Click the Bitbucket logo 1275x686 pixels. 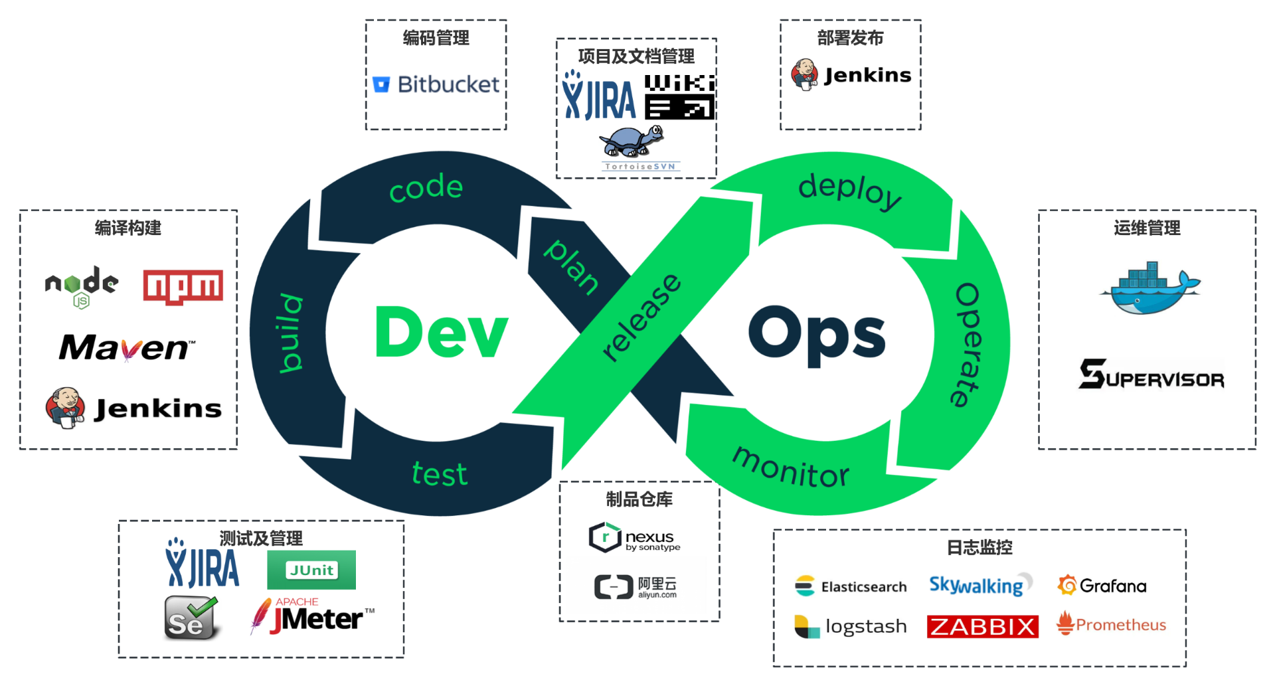436,84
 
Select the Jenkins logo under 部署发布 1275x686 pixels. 851,75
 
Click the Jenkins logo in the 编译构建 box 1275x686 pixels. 133,408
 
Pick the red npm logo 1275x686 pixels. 183,286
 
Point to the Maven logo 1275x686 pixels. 127,347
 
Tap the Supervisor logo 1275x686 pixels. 1151,375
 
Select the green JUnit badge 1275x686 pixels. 311,570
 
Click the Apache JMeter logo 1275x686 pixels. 312,616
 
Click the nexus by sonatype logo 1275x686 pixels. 635,538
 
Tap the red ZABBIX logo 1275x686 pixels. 982,626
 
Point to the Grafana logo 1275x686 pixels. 1102,585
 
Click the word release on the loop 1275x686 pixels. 641,317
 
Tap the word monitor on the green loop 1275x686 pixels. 790,468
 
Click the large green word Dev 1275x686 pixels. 442,333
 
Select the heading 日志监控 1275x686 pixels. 979,547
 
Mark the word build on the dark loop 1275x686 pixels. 291,332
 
